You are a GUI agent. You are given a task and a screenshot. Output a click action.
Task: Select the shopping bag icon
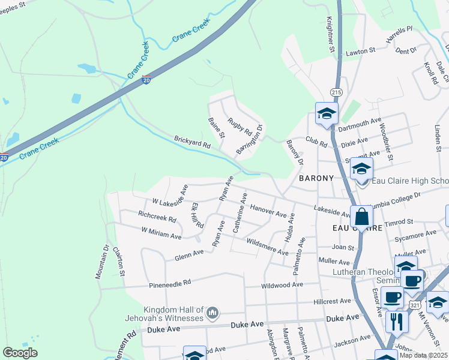coord(362,217)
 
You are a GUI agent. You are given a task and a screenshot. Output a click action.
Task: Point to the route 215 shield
coord(336,92)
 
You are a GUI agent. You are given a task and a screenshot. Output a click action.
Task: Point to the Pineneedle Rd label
coord(170,281)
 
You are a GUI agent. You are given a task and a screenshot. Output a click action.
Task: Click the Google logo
coord(20,353)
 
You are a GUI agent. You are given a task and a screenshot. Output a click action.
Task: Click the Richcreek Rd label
coord(157,219)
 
